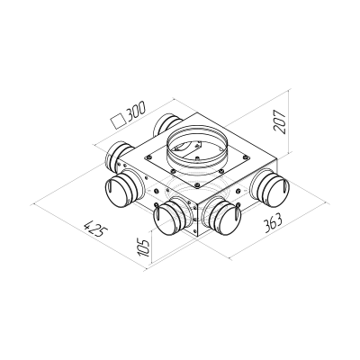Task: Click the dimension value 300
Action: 134,112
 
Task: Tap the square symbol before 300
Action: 114,117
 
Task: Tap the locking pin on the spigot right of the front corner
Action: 236,211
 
